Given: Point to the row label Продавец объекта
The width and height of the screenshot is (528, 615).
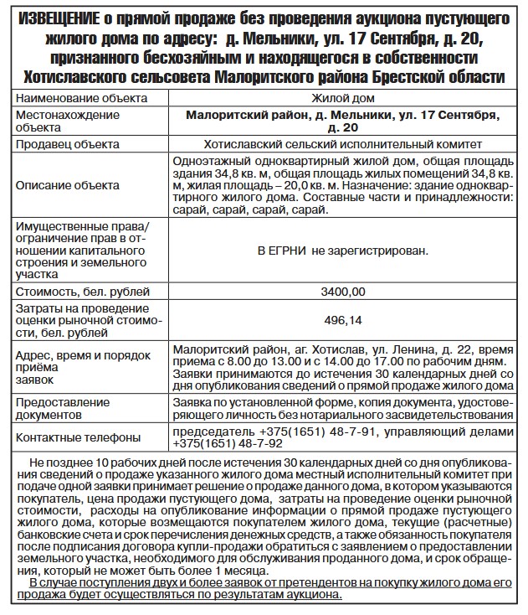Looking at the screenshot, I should tap(64, 144).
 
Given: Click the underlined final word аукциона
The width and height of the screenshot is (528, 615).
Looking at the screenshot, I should tap(314, 594).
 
